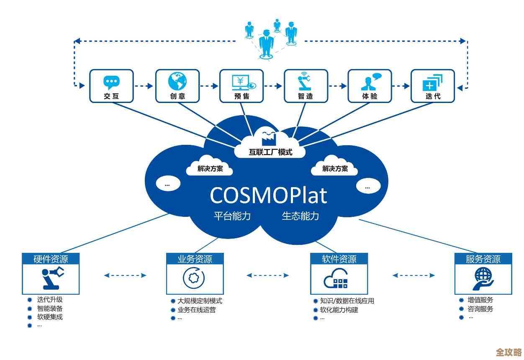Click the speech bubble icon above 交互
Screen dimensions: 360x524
coord(111,82)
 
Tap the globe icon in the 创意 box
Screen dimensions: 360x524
coord(177,81)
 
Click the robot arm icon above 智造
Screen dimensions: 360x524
coord(306,82)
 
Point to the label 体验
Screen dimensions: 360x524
coord(370,96)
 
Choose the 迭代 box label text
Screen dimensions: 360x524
coord(433,96)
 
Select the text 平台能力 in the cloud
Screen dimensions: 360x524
coord(232,216)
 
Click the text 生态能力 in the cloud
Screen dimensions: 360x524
coord(301,216)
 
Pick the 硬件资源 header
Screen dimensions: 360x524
coord(51,259)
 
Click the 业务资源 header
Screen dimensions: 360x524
coord(195,259)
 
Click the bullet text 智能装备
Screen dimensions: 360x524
coord(50,309)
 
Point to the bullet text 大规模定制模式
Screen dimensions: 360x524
coord(200,301)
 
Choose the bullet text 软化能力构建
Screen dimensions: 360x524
coord(339,310)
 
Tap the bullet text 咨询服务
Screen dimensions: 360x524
coord(480,309)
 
